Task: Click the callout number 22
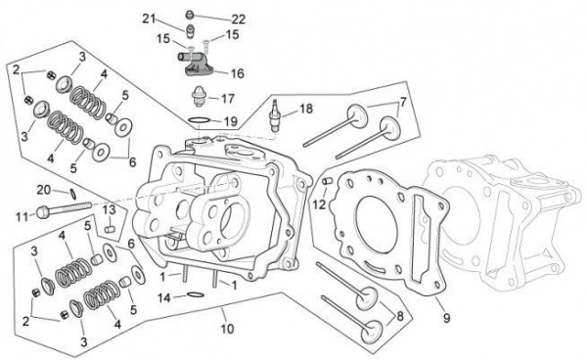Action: click(238, 20)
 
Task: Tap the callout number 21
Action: click(149, 19)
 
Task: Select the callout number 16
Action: click(238, 73)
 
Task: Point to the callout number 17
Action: click(228, 99)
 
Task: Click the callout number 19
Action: click(231, 121)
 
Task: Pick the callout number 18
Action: click(306, 109)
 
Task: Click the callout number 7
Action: click(403, 102)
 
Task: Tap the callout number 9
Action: click(447, 318)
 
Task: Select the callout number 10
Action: click(227, 329)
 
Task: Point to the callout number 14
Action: click(164, 298)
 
